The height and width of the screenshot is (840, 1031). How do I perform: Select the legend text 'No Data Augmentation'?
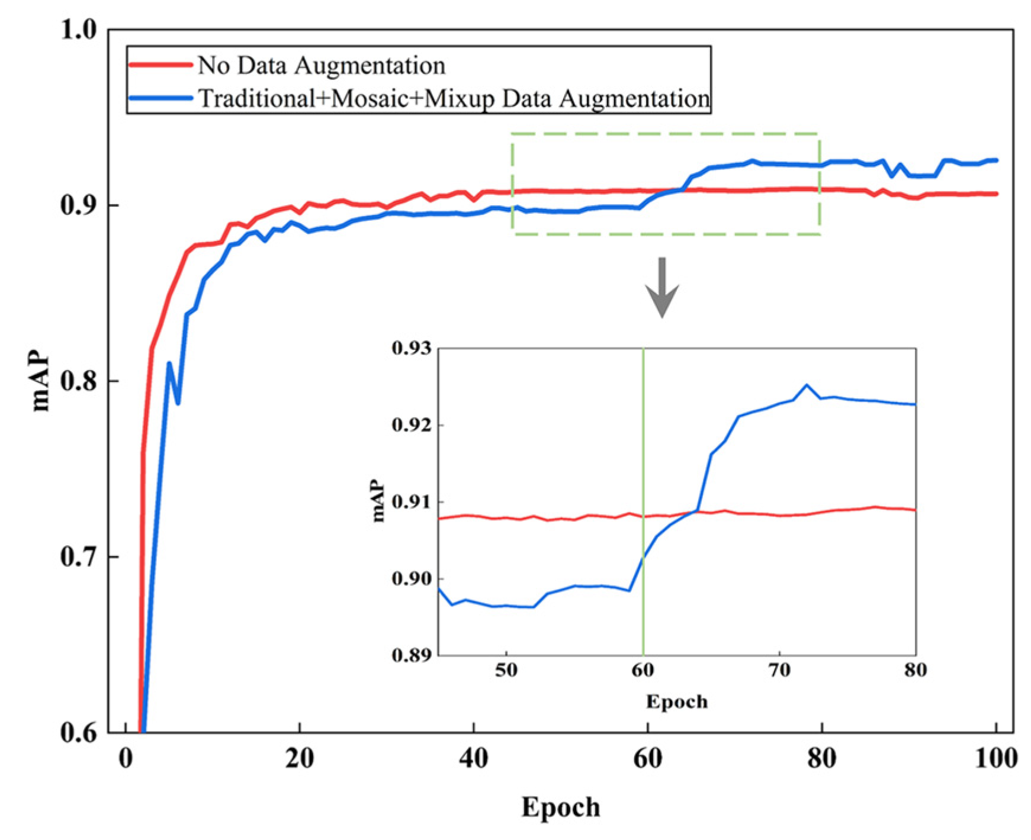(x=321, y=65)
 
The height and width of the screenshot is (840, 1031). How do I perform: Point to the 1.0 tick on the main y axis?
(x=78, y=30)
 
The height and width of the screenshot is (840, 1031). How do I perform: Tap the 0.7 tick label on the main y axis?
(x=78, y=557)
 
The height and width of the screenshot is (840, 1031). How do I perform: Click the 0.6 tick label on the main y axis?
(x=78, y=732)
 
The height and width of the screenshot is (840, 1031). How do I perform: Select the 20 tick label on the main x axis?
(x=300, y=758)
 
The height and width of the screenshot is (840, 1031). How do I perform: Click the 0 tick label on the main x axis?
(x=126, y=758)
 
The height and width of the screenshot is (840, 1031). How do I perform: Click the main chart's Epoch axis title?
(x=560, y=807)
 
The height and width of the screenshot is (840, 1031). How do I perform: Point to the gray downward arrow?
(x=662, y=287)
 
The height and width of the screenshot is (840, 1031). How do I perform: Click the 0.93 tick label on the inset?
(x=412, y=348)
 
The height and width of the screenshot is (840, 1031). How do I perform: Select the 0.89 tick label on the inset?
(x=412, y=655)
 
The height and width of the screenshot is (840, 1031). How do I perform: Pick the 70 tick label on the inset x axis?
(x=779, y=670)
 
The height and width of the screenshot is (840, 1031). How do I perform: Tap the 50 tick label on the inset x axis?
(x=506, y=670)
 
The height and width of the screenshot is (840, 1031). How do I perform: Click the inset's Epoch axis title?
(x=677, y=701)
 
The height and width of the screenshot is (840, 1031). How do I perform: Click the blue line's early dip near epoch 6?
(x=178, y=403)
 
